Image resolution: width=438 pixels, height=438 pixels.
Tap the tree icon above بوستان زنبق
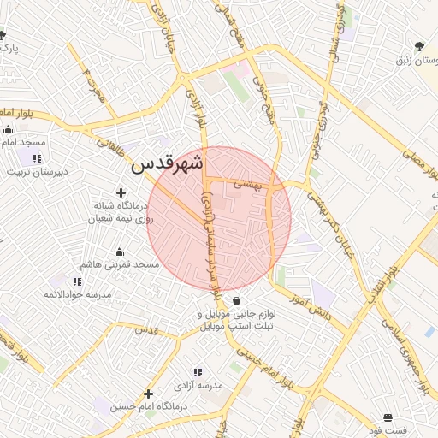pyautogui.click(x=419, y=46)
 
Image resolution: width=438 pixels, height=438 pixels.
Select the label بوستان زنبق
pyautogui.click(x=416, y=62)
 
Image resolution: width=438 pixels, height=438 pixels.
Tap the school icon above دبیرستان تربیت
pyautogui.click(x=37, y=158)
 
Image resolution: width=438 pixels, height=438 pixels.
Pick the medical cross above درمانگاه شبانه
pyautogui.click(x=121, y=193)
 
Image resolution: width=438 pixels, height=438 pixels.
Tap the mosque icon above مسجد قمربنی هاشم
pyautogui.click(x=119, y=252)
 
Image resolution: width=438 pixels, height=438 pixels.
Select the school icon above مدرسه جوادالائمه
pyautogui.click(x=77, y=281)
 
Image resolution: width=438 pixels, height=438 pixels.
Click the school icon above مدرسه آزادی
pyautogui.click(x=198, y=372)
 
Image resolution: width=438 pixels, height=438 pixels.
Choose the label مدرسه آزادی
pyautogui.click(x=198, y=386)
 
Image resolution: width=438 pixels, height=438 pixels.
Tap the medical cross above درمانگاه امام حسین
pyautogui.click(x=148, y=394)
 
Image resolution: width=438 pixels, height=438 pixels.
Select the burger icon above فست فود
pyautogui.click(x=389, y=417)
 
